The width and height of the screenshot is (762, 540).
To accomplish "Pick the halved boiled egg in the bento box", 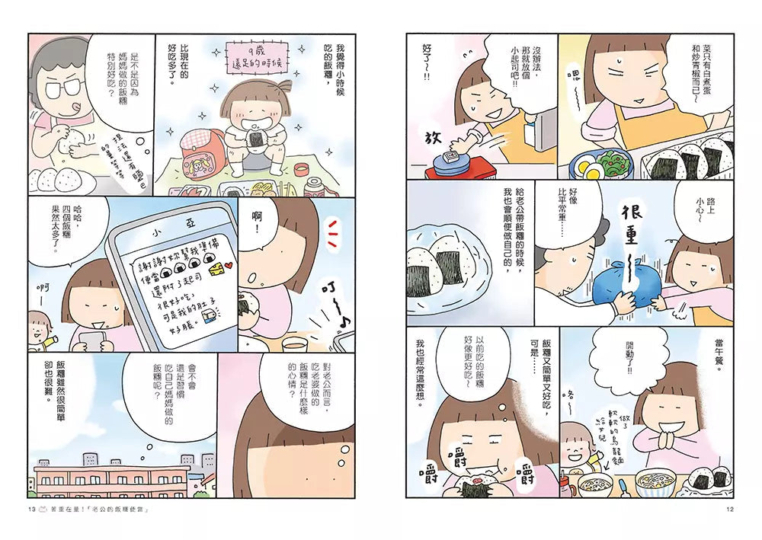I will (587, 165).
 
